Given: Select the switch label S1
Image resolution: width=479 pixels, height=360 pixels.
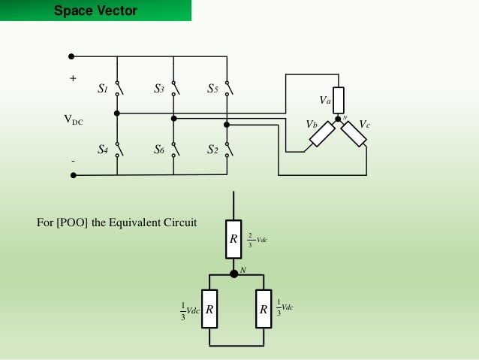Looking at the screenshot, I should (x=104, y=89).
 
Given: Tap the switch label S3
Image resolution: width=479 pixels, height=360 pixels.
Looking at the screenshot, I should (x=159, y=89).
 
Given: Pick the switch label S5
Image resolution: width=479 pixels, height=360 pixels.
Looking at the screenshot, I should (x=213, y=89).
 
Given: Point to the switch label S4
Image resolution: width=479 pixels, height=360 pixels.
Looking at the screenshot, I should (x=104, y=149).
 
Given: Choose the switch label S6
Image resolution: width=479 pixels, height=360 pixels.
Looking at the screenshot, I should (x=159, y=149).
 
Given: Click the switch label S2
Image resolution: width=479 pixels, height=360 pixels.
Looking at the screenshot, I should (x=213, y=149).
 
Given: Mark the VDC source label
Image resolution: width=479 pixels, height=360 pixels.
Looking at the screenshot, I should (x=74, y=119).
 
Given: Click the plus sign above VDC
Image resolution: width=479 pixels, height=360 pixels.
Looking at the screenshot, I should (x=73, y=77).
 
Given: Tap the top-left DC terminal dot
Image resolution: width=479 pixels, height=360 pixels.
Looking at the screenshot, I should (x=72, y=56).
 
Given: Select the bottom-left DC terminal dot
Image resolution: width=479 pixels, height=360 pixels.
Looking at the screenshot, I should (x=73, y=175).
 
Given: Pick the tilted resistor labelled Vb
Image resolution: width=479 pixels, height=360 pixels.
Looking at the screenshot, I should (x=322, y=134).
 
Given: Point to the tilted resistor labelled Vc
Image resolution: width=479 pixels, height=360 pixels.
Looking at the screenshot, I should (x=354, y=133).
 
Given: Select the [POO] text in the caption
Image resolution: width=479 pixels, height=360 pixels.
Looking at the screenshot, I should (x=73, y=222).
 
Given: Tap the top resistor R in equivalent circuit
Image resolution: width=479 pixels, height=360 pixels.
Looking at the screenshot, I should (x=233, y=239).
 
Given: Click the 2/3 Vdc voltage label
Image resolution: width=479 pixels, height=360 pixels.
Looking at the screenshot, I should (x=257, y=240).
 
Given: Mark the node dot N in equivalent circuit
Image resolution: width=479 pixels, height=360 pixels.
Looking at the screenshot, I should (x=233, y=274).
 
